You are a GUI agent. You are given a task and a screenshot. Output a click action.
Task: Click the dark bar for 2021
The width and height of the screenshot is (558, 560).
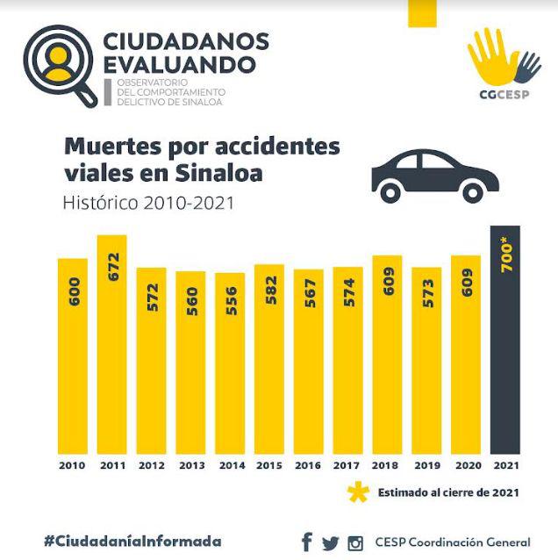coord(505,351)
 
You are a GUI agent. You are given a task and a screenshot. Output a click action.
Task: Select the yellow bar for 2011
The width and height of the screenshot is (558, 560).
coord(112,351)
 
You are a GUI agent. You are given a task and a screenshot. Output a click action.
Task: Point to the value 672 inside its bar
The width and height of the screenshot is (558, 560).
coord(112,264)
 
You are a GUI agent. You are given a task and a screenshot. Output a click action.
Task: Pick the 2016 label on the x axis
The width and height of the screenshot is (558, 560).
coord(309,464)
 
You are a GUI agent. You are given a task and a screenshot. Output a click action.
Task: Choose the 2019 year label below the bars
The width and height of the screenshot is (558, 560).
coord(426,464)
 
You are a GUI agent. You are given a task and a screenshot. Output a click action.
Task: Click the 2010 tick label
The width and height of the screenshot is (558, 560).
coord(73,464)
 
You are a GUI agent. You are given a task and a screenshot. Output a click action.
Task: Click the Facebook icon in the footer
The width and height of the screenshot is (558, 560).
coord(306,542)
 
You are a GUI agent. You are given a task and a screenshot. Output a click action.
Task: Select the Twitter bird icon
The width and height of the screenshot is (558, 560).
coord(330,542)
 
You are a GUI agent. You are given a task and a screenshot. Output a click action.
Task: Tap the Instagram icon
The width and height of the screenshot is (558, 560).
coord(355,542)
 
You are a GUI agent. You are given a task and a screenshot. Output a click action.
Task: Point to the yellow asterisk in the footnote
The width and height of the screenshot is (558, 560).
coord(358,492)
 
